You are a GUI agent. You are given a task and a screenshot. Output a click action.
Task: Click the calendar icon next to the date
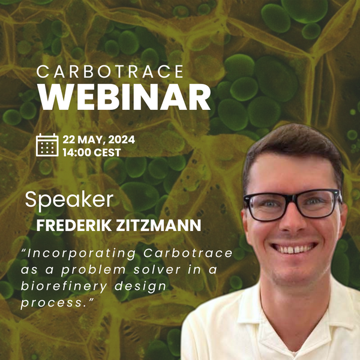(x=47, y=145)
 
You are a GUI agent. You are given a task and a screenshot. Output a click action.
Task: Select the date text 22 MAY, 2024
(x=99, y=140)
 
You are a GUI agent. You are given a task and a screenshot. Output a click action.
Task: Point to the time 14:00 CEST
(x=92, y=152)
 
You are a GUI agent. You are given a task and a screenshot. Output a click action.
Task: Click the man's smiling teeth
(x=295, y=247)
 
